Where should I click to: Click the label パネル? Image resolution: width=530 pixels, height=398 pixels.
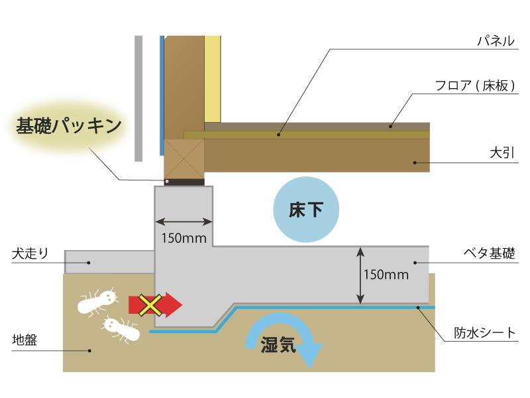[496, 41]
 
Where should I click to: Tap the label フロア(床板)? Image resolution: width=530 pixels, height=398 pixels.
[475, 86]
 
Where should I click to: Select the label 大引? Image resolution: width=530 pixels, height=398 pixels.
[502, 153]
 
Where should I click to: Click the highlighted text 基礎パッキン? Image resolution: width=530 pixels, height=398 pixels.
[69, 126]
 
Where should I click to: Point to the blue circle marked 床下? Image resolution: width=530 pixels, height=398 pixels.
[306, 210]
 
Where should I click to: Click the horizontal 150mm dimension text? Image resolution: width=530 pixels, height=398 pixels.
[184, 238]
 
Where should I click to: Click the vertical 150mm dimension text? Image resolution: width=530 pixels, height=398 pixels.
[386, 275]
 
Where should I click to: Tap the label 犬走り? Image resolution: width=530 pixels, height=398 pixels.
[30, 253]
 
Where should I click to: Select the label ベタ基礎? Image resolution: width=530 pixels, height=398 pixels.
[489, 253]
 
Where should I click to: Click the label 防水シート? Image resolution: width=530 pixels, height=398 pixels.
[484, 333]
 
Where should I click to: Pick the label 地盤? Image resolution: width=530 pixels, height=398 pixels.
[25, 340]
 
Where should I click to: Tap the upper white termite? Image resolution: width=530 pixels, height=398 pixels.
[97, 301]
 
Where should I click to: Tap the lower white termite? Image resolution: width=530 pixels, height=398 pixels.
[122, 328]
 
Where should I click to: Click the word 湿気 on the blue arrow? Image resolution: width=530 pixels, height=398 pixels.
[278, 344]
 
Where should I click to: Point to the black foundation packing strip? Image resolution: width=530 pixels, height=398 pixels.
[184, 182]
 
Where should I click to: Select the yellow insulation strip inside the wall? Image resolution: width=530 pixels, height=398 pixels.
[213, 79]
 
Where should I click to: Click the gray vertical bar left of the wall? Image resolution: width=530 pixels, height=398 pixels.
[138, 98]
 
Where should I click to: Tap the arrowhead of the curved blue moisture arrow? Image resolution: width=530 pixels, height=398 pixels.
[311, 356]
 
